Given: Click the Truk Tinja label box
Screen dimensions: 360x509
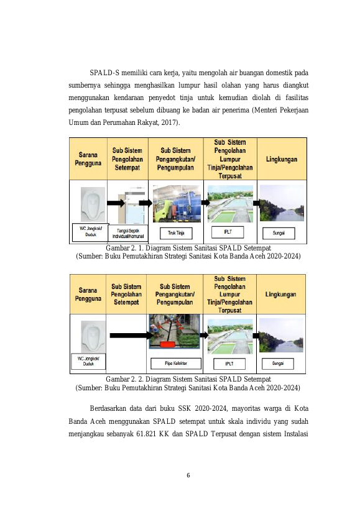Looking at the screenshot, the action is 176,233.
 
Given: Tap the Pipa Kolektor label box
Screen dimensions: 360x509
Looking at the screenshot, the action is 175,364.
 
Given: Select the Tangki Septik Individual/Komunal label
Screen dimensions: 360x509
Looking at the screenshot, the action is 128,234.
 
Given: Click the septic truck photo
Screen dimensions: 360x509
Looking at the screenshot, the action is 177,204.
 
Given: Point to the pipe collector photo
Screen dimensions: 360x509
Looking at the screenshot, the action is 174,331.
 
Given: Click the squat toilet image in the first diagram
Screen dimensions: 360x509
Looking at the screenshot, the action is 93,204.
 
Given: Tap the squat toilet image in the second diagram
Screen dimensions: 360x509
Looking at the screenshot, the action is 93,337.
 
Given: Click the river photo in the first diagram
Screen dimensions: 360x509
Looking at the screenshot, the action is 282,203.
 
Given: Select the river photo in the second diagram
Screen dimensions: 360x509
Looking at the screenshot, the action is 281,336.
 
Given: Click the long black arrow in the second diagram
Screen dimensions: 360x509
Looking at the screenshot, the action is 129,336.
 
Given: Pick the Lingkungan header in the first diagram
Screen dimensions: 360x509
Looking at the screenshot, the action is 282,159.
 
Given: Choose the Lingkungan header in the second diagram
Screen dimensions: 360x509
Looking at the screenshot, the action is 281,295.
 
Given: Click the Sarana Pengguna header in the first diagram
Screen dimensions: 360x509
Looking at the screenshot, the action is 88,159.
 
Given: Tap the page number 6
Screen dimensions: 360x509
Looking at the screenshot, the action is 188,475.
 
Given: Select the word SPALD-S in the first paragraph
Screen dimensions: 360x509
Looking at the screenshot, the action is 104,72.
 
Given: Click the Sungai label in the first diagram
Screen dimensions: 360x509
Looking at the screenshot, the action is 279,233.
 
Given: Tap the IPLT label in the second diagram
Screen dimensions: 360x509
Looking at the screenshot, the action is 229,364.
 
